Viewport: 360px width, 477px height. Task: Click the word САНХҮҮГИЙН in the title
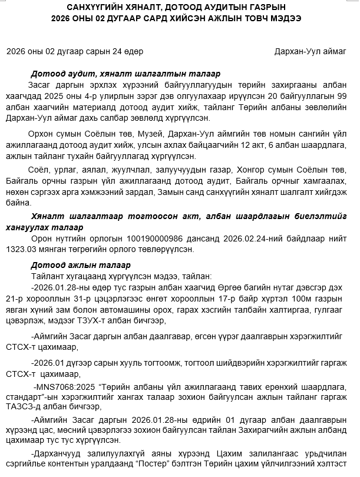pyautogui.click(x=95, y=7)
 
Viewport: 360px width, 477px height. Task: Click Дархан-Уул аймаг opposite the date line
pyautogui.click(x=310, y=52)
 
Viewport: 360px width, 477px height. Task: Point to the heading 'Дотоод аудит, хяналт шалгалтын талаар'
pyautogui.click(x=125, y=74)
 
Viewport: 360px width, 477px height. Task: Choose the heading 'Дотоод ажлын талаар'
pyautogui.click(x=80, y=265)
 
